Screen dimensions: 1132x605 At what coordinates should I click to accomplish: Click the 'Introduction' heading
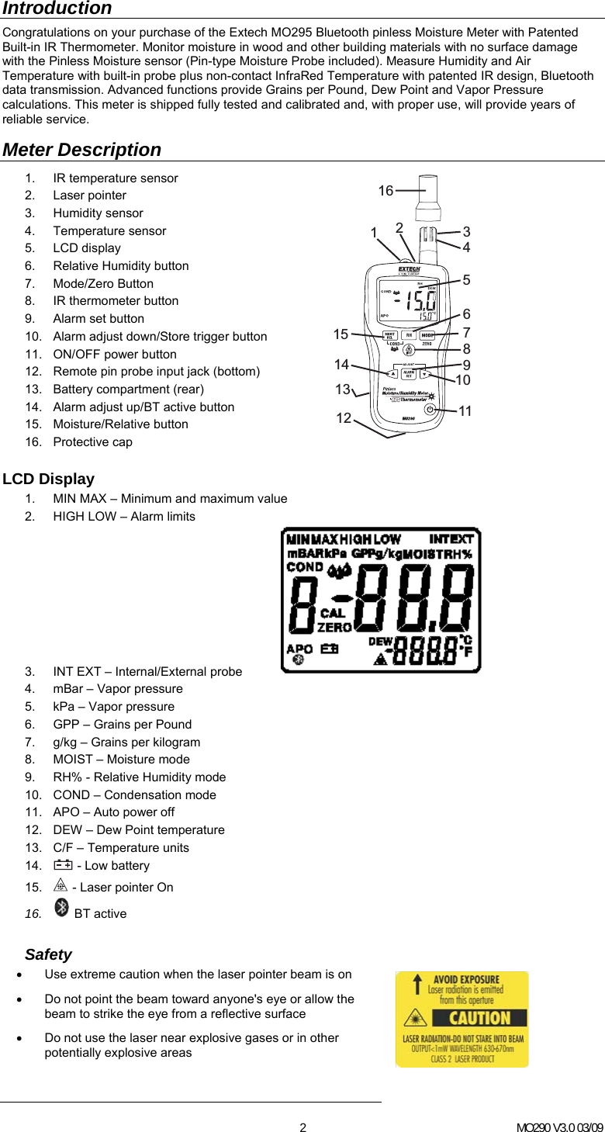click(57, 9)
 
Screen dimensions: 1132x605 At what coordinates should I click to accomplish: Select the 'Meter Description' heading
click(82, 150)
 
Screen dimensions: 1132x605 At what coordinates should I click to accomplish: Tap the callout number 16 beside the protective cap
click(385, 191)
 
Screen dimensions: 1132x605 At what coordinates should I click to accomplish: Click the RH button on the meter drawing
click(408, 336)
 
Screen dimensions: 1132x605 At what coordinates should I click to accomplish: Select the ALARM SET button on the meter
click(408, 374)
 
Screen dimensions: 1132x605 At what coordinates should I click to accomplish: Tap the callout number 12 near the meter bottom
click(344, 419)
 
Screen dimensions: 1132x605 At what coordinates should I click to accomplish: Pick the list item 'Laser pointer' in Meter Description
click(89, 196)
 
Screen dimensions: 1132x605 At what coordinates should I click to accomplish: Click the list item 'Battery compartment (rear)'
click(128, 389)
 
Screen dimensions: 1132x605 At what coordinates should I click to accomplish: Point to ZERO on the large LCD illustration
click(334, 627)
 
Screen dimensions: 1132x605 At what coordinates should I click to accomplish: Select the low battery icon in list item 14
click(63, 865)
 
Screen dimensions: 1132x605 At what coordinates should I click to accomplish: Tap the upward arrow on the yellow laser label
click(416, 986)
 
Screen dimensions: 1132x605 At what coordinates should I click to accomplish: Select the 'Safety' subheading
click(48, 954)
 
